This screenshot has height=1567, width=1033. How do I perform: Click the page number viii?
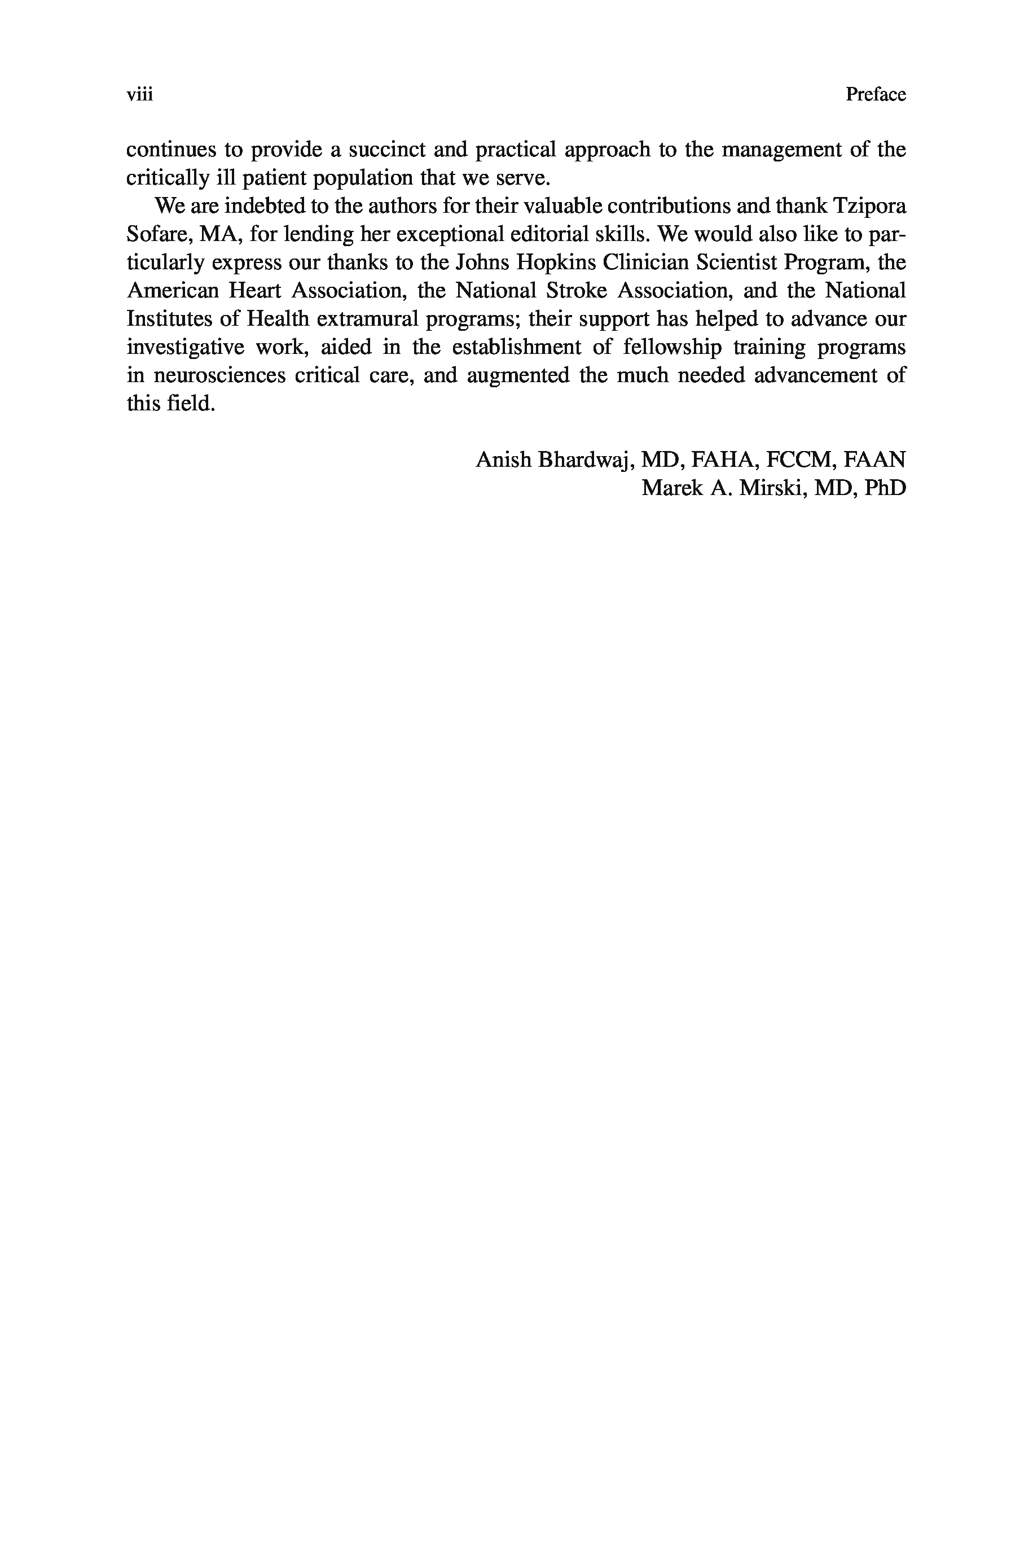click(x=140, y=95)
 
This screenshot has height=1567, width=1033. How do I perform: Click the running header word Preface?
click(x=876, y=95)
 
